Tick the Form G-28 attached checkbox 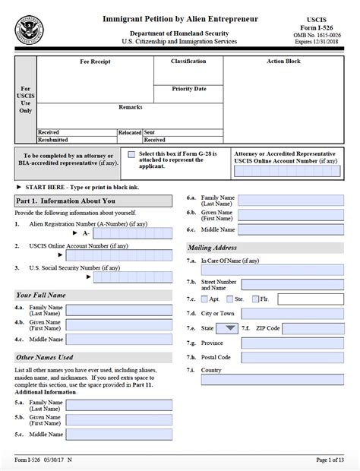tap(131, 154)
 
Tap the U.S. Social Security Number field tap(132, 277)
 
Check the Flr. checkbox tap(255, 299)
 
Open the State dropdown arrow tap(228, 328)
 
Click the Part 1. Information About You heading tap(55, 201)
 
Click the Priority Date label tap(188, 89)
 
